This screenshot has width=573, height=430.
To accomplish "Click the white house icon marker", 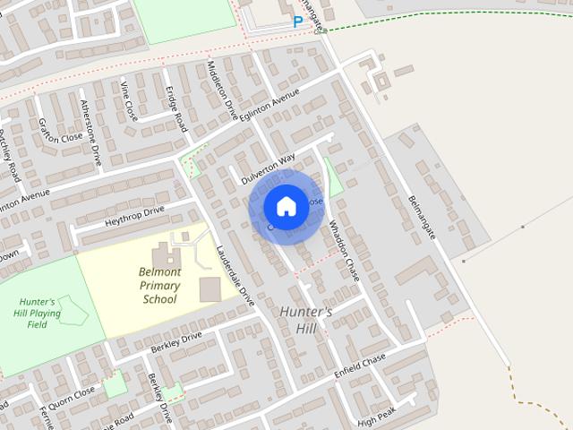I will tap(286, 206).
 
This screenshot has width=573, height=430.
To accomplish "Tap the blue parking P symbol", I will tap(297, 21).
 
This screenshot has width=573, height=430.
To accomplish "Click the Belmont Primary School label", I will tap(159, 285).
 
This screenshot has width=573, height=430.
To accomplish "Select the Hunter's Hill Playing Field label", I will tap(38, 313).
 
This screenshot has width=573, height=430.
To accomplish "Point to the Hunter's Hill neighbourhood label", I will tap(305, 320).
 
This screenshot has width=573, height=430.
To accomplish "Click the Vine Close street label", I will tap(129, 100).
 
